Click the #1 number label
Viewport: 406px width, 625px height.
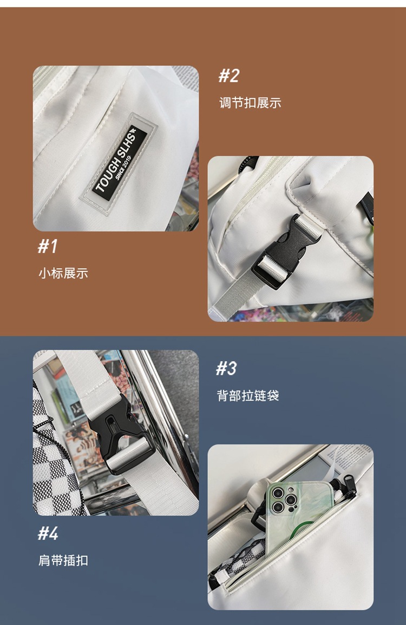pyautogui.click(x=48, y=246)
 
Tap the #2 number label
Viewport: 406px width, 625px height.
pyautogui.click(x=229, y=75)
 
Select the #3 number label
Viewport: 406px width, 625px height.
pyautogui.click(x=226, y=368)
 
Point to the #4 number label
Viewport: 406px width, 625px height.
pyautogui.click(x=48, y=533)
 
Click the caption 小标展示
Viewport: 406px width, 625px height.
pyautogui.click(x=63, y=274)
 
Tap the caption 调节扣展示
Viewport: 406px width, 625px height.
pyautogui.click(x=250, y=103)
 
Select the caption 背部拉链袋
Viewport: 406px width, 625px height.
pyautogui.click(x=247, y=396)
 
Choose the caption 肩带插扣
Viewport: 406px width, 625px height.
pyautogui.click(x=63, y=561)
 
